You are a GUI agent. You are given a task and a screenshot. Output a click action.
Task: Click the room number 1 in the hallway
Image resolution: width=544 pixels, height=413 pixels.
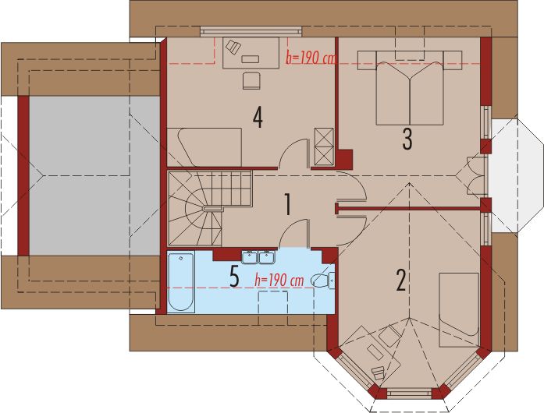point(287,204)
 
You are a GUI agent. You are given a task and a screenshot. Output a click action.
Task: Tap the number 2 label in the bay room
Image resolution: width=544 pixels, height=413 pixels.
point(400,280)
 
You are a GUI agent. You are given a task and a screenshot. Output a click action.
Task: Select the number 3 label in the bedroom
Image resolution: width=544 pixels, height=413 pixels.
point(407,139)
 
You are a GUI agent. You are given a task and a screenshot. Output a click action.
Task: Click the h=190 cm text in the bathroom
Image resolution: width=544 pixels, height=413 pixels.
point(279,279)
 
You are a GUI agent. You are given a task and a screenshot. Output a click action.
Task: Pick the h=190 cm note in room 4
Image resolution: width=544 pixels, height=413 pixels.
point(311,57)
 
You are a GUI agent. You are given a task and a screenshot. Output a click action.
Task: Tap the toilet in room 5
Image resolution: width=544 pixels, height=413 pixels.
point(322,279)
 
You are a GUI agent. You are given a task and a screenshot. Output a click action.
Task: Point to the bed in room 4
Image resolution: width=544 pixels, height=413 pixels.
point(204,146)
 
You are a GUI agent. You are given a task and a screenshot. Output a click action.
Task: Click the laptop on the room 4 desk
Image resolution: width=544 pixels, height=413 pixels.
point(233,48)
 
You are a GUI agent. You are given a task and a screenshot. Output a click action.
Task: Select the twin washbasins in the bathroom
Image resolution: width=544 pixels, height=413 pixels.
point(258,257)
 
